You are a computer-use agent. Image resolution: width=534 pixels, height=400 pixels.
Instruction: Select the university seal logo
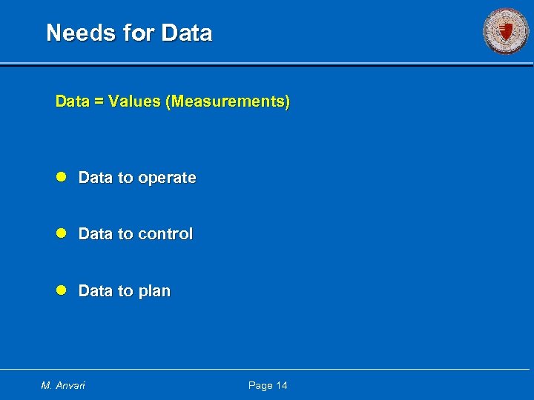pyautogui.click(x=506, y=31)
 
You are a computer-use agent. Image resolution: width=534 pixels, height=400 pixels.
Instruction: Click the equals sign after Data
pyautogui.click(x=99, y=101)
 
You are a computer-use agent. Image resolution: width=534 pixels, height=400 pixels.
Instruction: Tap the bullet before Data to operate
pyautogui.click(x=62, y=177)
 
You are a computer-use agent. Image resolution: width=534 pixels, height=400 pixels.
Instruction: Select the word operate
pyautogui.click(x=167, y=179)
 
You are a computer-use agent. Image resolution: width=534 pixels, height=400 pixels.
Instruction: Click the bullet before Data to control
pyautogui.click(x=62, y=233)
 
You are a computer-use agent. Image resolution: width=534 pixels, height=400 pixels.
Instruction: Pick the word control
pyautogui.click(x=165, y=234)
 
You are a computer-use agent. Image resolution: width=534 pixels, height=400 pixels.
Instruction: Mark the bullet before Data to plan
pyautogui.click(x=62, y=290)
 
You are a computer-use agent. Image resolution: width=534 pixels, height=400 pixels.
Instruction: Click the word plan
pyautogui.click(x=154, y=292)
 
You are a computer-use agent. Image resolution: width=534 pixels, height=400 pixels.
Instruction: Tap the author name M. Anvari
pyautogui.click(x=63, y=385)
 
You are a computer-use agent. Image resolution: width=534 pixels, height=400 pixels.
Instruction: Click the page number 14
pyautogui.click(x=282, y=385)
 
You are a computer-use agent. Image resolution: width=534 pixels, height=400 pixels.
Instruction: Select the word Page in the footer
pyautogui.click(x=260, y=385)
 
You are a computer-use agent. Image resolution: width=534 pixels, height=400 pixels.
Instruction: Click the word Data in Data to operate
pyautogui.click(x=95, y=178)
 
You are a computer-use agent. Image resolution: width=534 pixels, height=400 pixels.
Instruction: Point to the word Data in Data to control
pyautogui.click(x=95, y=234)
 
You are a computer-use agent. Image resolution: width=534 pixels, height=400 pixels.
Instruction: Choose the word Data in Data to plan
pyautogui.click(x=95, y=291)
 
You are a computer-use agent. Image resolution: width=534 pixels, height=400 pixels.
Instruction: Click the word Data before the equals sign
pyautogui.click(x=72, y=101)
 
